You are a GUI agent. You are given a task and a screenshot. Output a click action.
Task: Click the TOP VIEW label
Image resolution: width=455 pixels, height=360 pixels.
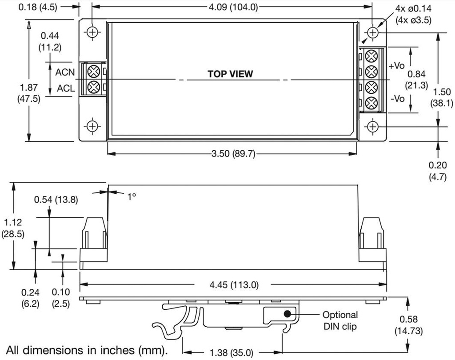coord(230,74)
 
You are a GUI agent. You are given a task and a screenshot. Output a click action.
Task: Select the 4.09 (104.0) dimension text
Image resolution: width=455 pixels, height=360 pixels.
coord(232,7)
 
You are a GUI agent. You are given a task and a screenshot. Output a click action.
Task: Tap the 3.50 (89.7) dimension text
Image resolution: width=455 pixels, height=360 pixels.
coord(232,154)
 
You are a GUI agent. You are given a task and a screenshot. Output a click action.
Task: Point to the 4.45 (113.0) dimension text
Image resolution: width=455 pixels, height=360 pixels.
coord(232,284)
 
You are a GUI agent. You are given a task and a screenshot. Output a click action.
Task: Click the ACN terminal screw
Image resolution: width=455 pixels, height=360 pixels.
coord(93,72)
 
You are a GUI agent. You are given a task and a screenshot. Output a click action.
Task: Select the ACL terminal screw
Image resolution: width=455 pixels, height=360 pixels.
coord(93,86)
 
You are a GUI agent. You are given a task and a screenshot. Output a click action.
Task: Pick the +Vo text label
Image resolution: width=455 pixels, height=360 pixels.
coord(396,66)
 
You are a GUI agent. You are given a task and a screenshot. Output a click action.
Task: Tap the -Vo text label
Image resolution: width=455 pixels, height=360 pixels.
coord(397,98)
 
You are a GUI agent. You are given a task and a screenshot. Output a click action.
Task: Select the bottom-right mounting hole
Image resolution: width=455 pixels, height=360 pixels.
coord(373,127)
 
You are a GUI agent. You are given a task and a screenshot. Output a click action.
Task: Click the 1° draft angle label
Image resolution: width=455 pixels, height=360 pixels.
coord(131,196)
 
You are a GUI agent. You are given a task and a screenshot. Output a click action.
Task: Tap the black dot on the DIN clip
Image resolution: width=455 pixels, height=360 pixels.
coord(287,313)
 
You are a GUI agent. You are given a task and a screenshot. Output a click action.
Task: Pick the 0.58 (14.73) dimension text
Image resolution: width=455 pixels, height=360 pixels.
coord(408,325)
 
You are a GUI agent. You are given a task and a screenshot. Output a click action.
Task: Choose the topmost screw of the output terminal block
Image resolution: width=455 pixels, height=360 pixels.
coord(371,56)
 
